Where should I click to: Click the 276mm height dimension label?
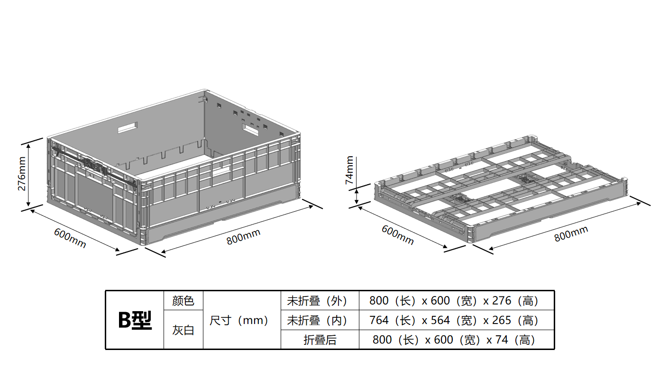click(22, 174)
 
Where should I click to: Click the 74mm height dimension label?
click(349, 170)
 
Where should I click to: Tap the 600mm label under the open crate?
click(70, 238)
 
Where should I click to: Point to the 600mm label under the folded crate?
click(398, 234)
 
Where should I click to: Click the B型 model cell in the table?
click(135, 321)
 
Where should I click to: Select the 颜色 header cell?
click(183, 301)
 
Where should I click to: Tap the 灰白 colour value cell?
click(183, 330)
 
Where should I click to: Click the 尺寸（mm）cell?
click(241, 320)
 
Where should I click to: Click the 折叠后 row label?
click(320, 340)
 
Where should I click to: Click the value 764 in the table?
click(379, 320)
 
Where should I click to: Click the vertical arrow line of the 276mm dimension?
click(29, 174)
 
